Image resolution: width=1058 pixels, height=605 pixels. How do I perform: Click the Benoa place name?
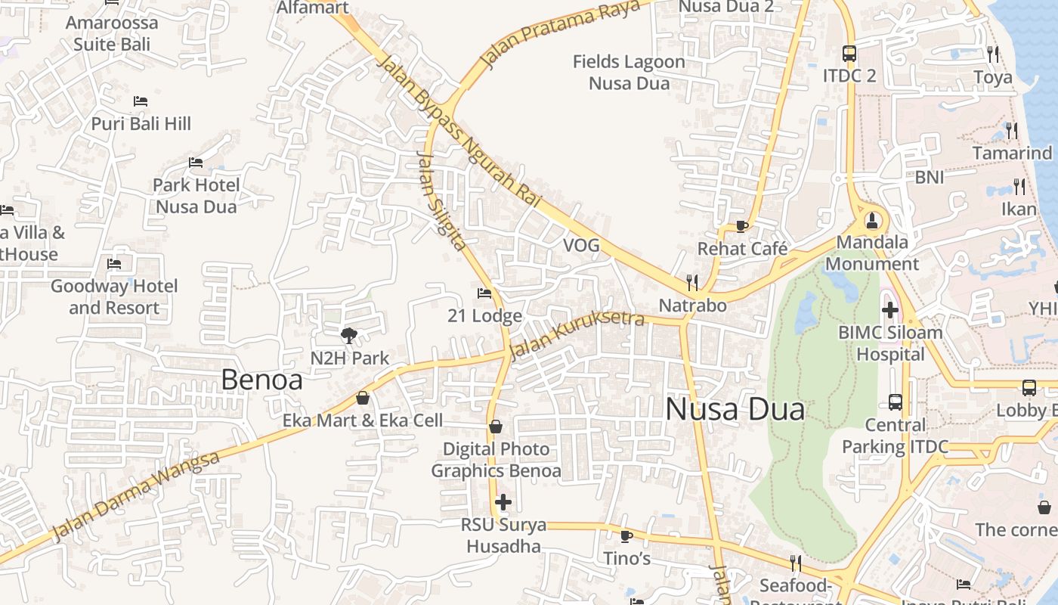tap(261, 380)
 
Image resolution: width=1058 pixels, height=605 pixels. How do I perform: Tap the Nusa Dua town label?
tap(735, 410)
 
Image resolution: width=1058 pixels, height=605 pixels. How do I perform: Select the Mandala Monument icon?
tap(873, 220)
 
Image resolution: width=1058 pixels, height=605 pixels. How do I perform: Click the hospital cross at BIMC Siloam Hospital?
tap(890, 309)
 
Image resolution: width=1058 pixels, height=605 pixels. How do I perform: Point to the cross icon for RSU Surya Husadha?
tap(503, 501)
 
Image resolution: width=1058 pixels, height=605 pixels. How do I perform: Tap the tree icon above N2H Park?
tap(349, 335)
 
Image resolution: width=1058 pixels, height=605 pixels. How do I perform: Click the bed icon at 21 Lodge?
tap(484, 293)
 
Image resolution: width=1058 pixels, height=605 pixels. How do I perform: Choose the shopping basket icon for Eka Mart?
tap(363, 398)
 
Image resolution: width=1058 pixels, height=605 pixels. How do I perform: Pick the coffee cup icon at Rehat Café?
tap(742, 226)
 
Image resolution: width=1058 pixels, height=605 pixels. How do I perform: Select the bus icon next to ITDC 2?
tap(849, 54)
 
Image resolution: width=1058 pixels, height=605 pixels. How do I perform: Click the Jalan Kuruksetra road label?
tap(577, 335)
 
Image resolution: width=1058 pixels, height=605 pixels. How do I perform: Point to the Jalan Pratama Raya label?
tap(559, 35)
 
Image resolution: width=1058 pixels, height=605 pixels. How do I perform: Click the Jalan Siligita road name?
tap(441, 201)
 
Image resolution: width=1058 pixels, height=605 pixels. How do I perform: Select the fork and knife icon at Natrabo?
tap(692, 283)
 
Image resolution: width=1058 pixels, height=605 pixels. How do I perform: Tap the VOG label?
tap(581, 245)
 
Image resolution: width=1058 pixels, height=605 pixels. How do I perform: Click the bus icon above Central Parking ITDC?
tap(896, 402)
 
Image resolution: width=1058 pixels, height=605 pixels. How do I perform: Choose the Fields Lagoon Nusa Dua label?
tap(629, 72)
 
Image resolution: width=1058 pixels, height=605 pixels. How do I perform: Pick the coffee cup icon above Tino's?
tap(626, 536)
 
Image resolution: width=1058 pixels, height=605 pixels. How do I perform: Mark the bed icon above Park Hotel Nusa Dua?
tap(196, 163)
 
